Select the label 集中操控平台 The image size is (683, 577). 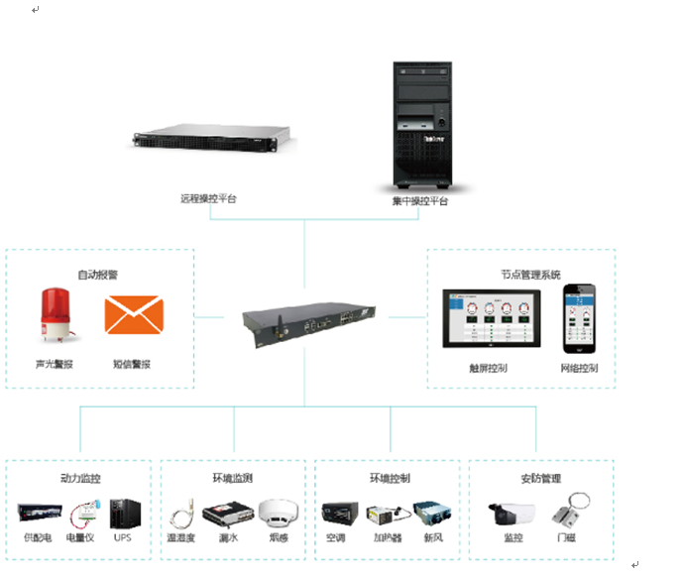420,200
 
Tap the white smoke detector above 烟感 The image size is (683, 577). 279,513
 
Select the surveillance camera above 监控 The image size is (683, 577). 512,514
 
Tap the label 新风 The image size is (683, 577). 433,538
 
